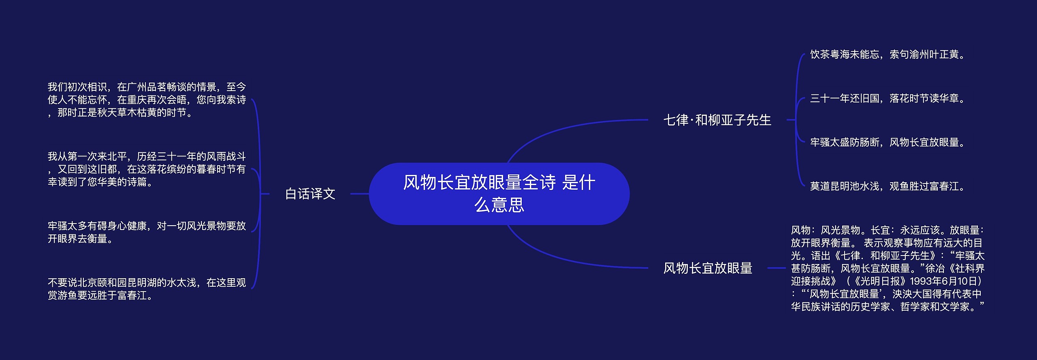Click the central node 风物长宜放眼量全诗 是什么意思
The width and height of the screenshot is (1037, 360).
(499, 194)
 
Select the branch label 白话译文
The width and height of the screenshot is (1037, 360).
(310, 194)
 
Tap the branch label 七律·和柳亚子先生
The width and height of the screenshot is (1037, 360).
(717, 120)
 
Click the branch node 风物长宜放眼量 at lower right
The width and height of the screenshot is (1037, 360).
(708, 268)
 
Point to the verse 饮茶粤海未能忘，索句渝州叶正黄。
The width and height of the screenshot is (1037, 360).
(888, 55)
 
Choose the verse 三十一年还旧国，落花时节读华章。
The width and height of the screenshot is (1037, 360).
(888, 98)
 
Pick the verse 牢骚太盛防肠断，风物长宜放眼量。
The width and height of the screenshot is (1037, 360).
(888, 142)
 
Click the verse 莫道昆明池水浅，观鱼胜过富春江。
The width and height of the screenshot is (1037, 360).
(888, 186)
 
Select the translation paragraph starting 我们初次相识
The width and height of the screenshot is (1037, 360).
(147, 100)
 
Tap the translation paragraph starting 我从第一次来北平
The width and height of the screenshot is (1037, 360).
(147, 169)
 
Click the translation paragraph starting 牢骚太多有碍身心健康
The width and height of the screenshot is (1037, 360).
(147, 232)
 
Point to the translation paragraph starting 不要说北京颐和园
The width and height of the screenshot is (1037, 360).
(147, 289)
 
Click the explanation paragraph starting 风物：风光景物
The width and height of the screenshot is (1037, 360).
(888, 268)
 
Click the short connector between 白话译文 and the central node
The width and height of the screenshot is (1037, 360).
(359, 194)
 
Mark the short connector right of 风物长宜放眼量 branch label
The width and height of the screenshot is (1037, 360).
(777, 268)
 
